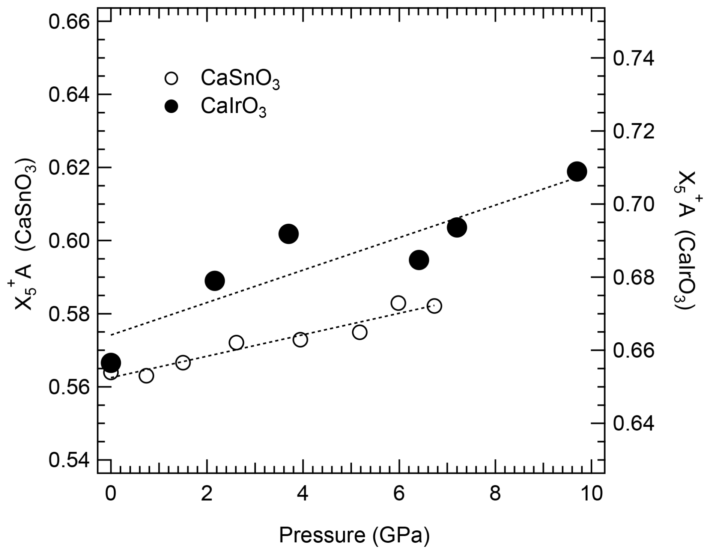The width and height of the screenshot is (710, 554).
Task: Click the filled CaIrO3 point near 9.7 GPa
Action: (x=577, y=172)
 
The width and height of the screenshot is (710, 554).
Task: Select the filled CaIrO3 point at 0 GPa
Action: (x=111, y=363)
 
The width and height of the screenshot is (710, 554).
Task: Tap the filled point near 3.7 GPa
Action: (x=288, y=234)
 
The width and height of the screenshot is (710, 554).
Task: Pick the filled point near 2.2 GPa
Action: (x=215, y=280)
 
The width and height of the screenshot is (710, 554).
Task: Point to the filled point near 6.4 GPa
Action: (x=419, y=260)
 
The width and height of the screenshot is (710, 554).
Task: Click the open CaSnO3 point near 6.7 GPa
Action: (x=434, y=306)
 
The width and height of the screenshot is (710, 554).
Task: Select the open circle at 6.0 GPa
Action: (x=398, y=303)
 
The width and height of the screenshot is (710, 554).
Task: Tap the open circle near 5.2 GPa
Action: (x=360, y=332)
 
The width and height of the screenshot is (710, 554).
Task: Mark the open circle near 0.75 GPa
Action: (x=146, y=375)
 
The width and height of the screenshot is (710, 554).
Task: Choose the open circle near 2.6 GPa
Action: (x=236, y=342)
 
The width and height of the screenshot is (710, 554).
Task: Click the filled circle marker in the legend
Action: (x=171, y=107)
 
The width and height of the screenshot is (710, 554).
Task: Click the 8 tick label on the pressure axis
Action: (x=495, y=494)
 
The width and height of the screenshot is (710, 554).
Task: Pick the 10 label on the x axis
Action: (x=591, y=494)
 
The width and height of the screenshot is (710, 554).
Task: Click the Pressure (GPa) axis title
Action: (x=354, y=535)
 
